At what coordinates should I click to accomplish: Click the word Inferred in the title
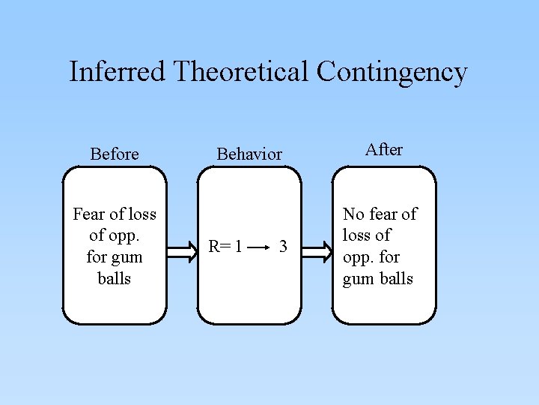click(118, 72)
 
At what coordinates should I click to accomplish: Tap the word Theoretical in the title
click(240, 72)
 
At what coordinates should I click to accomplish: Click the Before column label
click(115, 154)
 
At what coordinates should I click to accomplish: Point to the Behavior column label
click(249, 154)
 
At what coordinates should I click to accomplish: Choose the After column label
click(384, 149)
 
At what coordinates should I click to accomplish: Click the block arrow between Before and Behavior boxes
click(182, 245)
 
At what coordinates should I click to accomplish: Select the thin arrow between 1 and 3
click(258, 246)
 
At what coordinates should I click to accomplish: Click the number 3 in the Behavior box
click(282, 246)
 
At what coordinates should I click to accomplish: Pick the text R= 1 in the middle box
click(225, 246)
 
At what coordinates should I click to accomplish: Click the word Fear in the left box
click(88, 214)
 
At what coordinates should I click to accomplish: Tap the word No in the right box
click(353, 214)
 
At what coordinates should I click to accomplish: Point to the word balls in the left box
click(115, 279)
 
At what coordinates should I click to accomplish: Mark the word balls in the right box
click(397, 279)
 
